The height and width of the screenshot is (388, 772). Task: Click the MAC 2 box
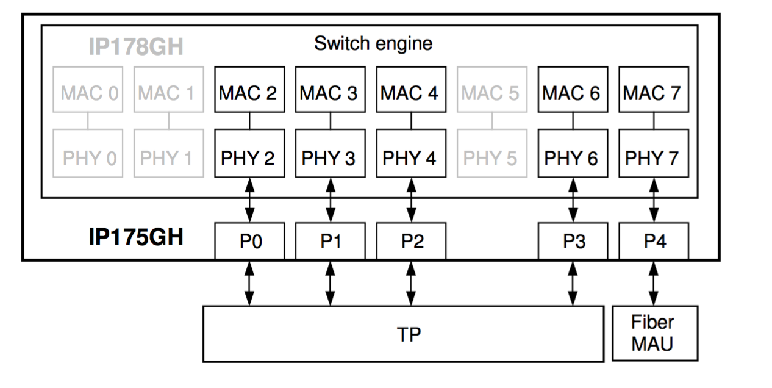coord(249,93)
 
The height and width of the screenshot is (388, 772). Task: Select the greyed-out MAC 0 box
coord(88,93)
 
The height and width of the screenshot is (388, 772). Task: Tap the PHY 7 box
coord(653,158)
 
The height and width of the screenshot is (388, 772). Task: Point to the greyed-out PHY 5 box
coord(491,158)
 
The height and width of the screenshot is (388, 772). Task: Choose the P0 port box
coord(249,242)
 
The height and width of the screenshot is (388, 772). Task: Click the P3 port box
coord(573,242)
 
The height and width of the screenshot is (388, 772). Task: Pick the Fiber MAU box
coord(653,333)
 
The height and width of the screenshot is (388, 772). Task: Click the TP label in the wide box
coord(409,334)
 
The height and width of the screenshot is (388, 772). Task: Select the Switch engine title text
coord(373,43)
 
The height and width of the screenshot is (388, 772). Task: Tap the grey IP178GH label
coord(135,47)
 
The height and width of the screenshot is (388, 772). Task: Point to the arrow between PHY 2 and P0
coord(249,200)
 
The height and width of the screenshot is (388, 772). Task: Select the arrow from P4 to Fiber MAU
coord(653,283)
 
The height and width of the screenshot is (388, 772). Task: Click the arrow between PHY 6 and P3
coord(573,200)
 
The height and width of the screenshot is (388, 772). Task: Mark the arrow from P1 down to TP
coord(330,283)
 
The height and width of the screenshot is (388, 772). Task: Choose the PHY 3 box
coord(330,158)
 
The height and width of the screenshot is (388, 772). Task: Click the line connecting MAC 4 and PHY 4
coord(411,120)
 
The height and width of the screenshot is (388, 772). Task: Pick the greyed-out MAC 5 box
coord(491,93)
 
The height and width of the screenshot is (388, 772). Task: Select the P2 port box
coord(411,242)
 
